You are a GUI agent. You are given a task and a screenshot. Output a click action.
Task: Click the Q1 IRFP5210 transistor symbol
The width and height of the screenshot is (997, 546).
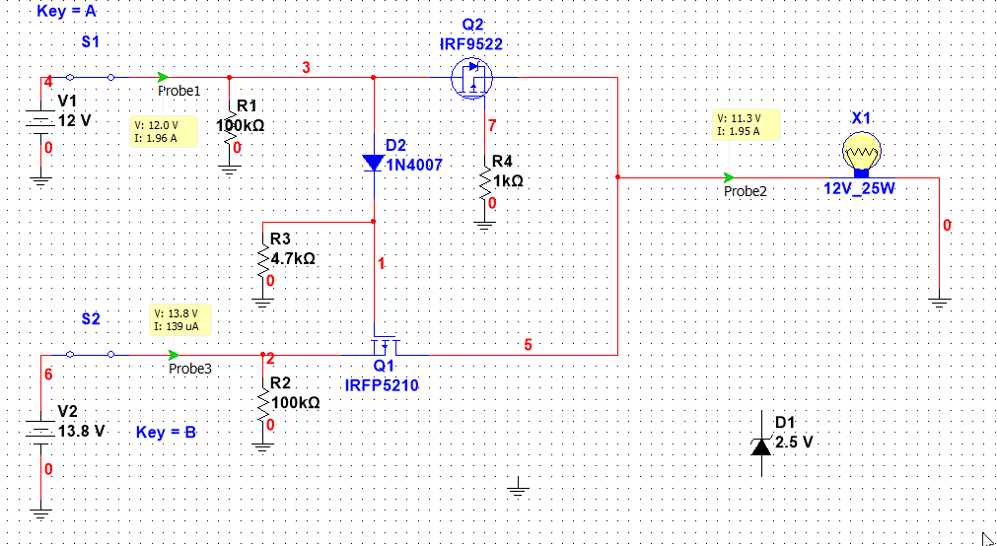(386, 345)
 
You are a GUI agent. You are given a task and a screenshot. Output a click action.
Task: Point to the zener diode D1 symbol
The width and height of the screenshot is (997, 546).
(761, 444)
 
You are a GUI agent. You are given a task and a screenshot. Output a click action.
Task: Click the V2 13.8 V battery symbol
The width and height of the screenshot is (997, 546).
(40, 431)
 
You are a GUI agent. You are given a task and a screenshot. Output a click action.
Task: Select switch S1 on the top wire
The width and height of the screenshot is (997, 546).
(90, 76)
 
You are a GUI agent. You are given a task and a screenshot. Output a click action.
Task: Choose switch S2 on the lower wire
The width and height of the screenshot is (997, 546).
(90, 353)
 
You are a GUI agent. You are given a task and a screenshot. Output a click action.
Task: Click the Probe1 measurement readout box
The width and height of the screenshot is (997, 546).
(162, 131)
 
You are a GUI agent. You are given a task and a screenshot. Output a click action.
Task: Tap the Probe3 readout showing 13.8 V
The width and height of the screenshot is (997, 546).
(178, 319)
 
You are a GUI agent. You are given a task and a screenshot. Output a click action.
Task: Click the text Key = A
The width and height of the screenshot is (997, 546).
(68, 12)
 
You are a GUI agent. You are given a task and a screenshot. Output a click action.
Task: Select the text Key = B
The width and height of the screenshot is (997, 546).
(167, 432)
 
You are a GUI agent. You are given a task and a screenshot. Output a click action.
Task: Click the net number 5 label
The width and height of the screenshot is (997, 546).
(528, 344)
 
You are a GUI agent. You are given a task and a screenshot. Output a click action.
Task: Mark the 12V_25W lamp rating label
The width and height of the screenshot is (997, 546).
(859, 188)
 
